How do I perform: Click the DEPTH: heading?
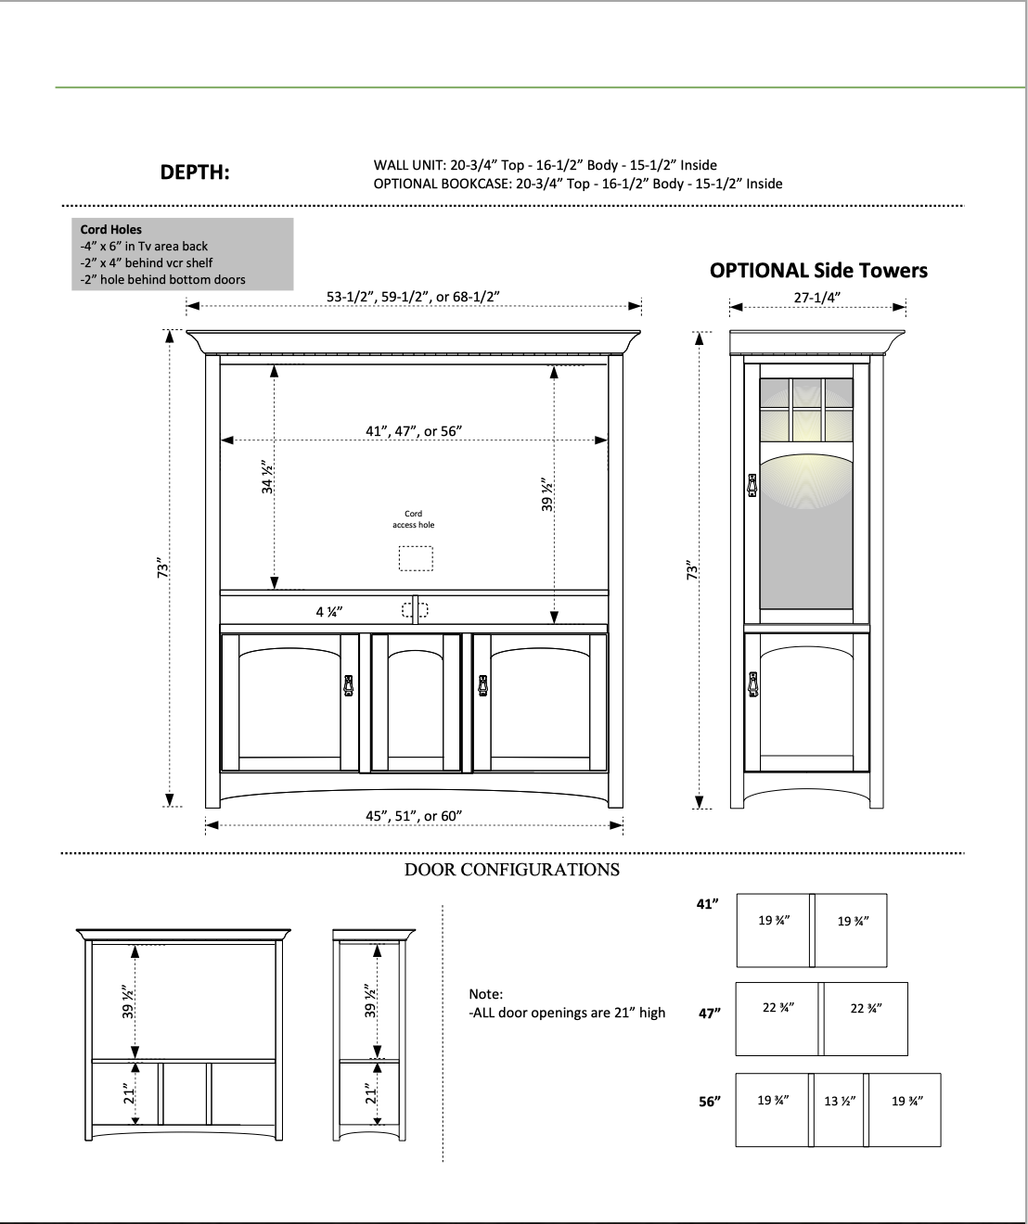pos(195,172)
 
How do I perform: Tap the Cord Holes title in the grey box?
pos(111,229)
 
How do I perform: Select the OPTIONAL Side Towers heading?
pos(818,271)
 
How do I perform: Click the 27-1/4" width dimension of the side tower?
pos(817,298)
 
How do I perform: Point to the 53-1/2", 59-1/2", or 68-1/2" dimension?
pos(413,297)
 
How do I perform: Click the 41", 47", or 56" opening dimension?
pos(414,431)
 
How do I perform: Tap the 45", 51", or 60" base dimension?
pos(414,816)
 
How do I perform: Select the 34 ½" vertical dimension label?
pos(268,477)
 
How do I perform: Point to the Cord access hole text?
pos(414,519)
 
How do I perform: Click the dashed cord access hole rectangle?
pos(416,558)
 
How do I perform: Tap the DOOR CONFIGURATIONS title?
pos(512,870)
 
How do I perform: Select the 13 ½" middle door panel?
pos(839,1109)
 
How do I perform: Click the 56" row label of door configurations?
pos(710,1102)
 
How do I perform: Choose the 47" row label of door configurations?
pos(710,1014)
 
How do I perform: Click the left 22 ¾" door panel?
pos(777,1018)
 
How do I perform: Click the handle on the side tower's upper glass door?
pos(752,485)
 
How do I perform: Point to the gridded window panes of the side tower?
pos(806,409)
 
